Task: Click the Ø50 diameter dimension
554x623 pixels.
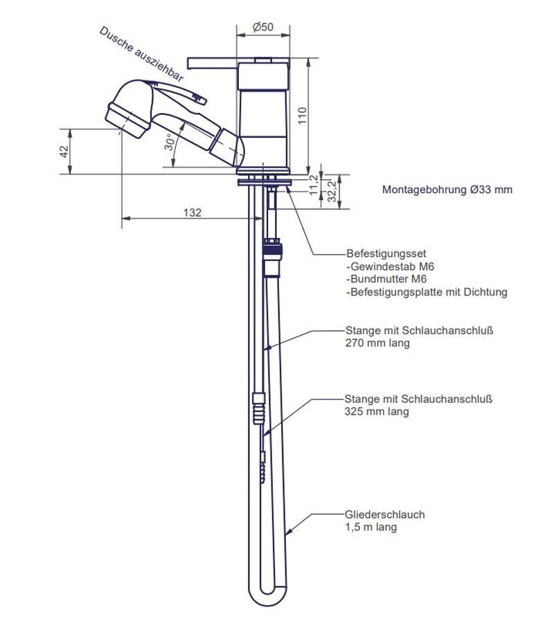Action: click(x=262, y=27)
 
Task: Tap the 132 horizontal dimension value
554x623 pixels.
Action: click(x=193, y=213)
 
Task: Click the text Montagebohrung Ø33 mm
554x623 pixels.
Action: click(x=447, y=189)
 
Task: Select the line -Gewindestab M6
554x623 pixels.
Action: click(x=385, y=267)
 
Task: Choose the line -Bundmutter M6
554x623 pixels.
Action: click(x=385, y=279)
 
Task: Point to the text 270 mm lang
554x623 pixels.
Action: click(x=376, y=343)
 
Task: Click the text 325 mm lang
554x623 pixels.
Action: click(x=376, y=411)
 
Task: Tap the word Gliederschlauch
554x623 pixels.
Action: click(x=384, y=514)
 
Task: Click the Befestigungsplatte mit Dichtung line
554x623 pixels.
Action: click(x=427, y=292)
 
